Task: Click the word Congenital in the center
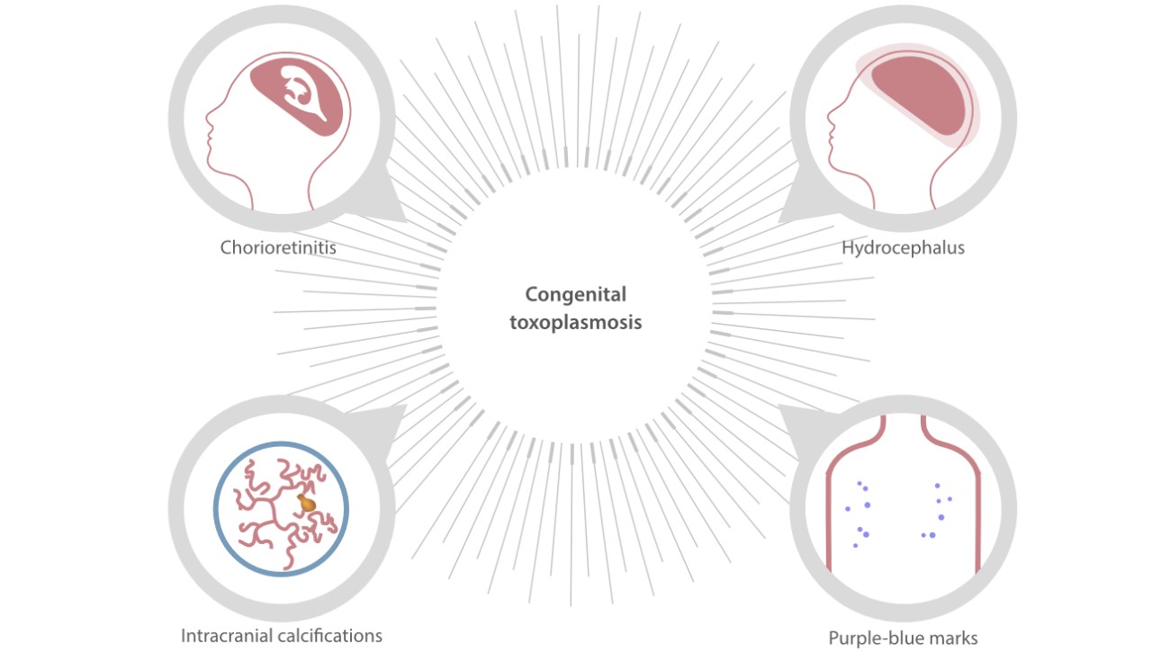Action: point(575,295)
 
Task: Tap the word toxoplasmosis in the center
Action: point(575,322)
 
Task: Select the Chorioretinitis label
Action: point(278,247)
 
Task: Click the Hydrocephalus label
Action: point(903,247)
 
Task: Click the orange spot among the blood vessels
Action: point(308,505)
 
